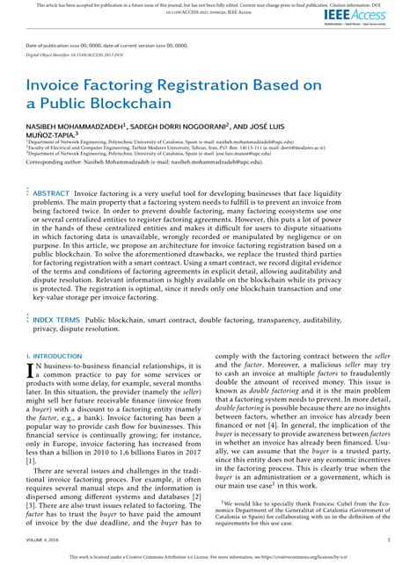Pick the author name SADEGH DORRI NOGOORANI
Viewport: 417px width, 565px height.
179,126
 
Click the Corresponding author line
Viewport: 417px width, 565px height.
132,163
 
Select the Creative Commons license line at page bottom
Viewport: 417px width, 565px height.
208,557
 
